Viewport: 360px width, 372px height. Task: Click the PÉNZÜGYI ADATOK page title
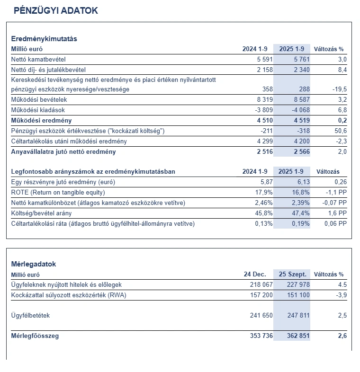pyautogui.click(x=56, y=10)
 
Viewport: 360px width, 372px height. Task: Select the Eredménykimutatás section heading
pyautogui.click(x=44, y=39)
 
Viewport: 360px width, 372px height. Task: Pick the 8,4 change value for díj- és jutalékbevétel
pyautogui.click(x=342, y=70)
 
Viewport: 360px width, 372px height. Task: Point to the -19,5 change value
pyautogui.click(x=339, y=89)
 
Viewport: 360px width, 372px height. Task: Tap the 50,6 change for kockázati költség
pyautogui.click(x=341, y=131)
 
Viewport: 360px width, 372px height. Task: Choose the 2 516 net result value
pyautogui.click(x=260, y=152)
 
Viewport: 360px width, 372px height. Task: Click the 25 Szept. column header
pyautogui.click(x=292, y=275)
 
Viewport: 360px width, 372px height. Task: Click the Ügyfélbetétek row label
pyautogui.click(x=30, y=315)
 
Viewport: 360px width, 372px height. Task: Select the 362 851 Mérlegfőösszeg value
pyautogui.click(x=296, y=336)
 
